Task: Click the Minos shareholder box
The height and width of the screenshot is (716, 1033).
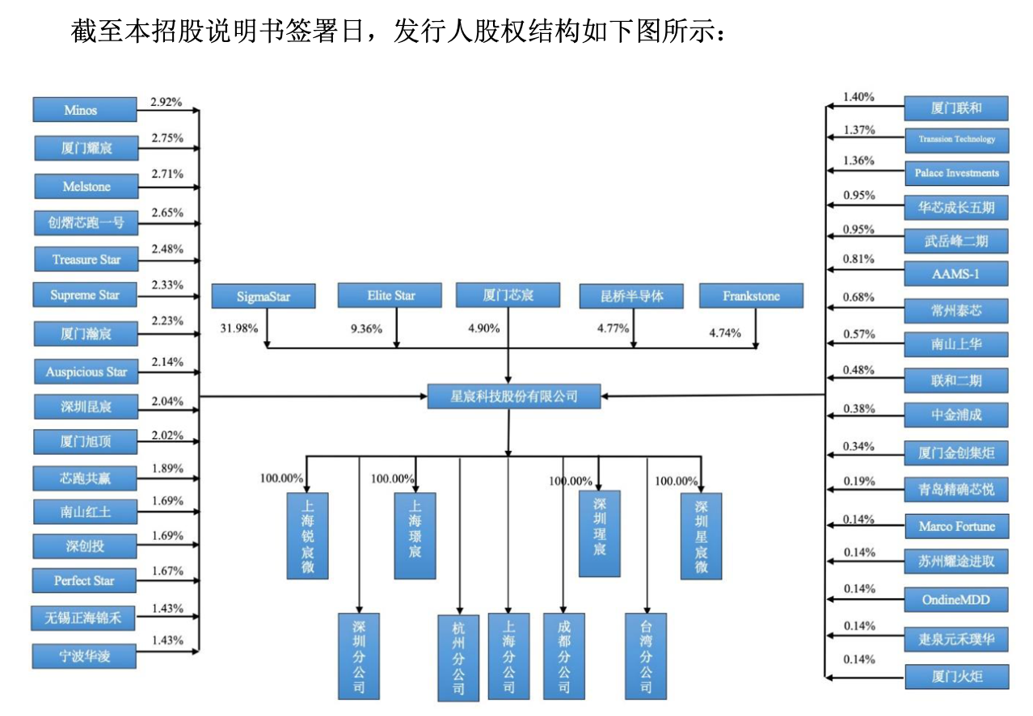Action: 85,110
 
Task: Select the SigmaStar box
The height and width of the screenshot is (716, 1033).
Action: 263,297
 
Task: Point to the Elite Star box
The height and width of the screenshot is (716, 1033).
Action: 390,296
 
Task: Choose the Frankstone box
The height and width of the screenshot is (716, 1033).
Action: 751,297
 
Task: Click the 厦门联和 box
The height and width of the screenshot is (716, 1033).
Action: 956,108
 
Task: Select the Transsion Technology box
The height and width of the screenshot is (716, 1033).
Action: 956,140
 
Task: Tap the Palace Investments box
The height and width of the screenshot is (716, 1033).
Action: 956,173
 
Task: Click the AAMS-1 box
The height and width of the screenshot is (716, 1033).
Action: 956,274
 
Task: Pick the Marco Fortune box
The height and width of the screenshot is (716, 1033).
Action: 956,527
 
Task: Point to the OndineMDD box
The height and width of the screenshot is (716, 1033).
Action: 956,600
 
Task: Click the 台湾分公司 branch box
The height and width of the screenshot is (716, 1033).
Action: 646,656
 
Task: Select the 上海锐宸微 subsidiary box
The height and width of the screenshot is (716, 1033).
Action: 308,536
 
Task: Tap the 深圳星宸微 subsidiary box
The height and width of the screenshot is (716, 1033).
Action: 701,536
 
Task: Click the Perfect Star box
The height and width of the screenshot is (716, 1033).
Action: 85,581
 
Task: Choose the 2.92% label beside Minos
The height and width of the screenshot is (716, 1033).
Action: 167,103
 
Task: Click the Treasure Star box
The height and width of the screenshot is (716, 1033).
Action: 85,259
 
